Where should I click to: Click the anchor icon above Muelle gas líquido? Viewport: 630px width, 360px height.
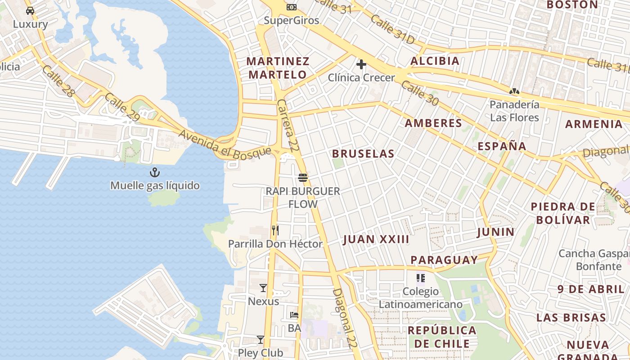[x=155, y=172]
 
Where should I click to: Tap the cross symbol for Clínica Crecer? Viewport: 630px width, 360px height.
[x=361, y=65]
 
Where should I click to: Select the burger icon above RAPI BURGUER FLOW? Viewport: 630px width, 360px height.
[x=302, y=178]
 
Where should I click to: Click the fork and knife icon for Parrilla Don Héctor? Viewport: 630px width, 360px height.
[x=275, y=231]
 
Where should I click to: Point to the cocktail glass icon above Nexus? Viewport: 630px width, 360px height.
[x=263, y=288]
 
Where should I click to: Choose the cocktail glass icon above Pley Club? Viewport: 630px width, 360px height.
[x=261, y=339]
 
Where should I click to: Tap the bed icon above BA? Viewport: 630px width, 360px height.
[x=294, y=315]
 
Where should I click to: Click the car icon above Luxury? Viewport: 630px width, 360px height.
[x=30, y=11]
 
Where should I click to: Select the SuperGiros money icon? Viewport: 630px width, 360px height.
[x=292, y=7]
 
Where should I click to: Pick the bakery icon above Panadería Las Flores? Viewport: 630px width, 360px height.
[x=514, y=92]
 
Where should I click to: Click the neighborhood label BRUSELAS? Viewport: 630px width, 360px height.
[x=363, y=154]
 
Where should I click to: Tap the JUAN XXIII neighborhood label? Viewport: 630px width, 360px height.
[x=376, y=239]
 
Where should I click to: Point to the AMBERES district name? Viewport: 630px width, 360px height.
[x=433, y=123]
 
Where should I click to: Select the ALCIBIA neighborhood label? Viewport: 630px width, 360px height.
[x=435, y=61]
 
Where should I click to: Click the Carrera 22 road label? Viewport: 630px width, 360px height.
[x=288, y=125]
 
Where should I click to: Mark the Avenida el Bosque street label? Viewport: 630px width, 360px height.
[x=225, y=144]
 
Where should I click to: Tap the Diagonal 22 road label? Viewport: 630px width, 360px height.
[x=341, y=318]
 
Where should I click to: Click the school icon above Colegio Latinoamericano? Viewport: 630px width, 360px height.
[x=421, y=278]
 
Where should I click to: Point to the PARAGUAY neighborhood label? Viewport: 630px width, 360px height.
[x=444, y=260]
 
